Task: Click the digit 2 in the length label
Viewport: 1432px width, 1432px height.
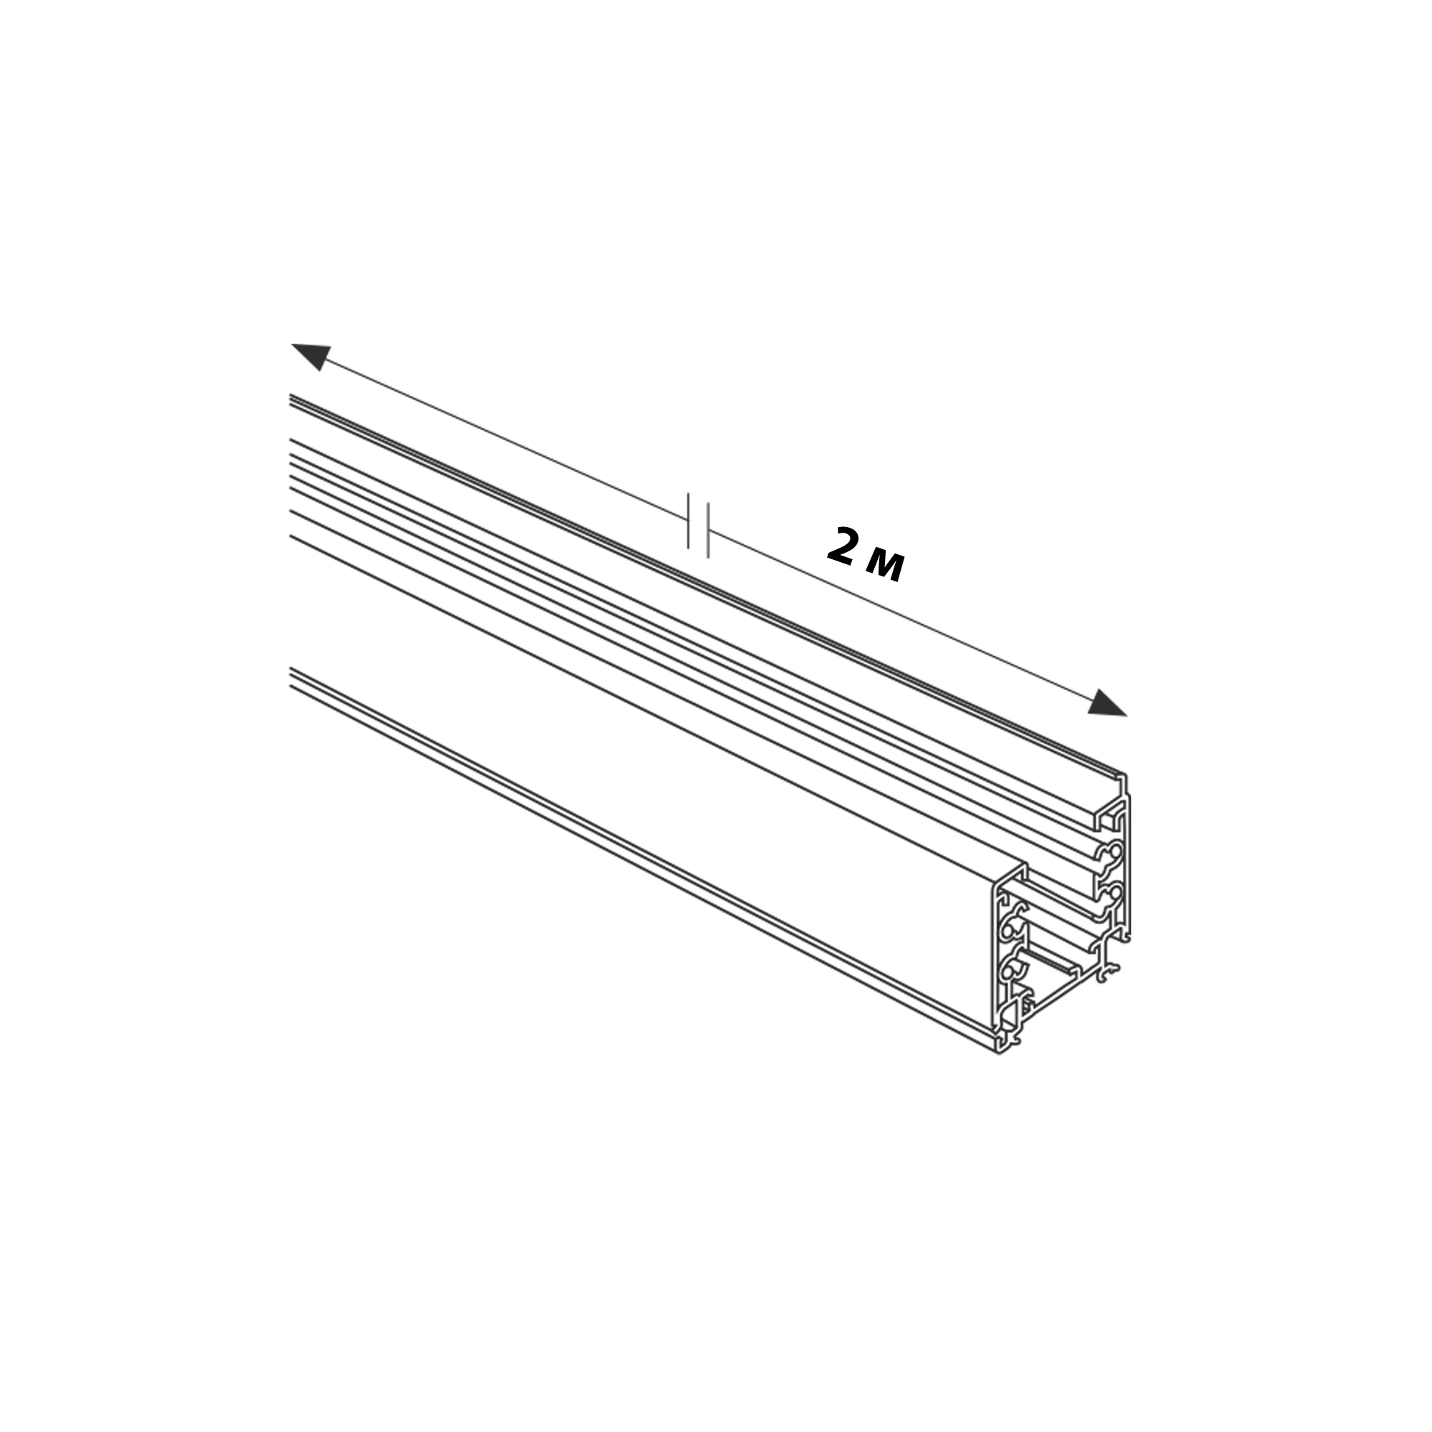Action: click(842, 546)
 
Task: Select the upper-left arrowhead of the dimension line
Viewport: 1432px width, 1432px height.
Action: click(311, 355)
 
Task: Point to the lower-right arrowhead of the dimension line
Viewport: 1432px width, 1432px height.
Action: click(1107, 702)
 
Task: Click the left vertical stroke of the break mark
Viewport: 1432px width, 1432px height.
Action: click(689, 521)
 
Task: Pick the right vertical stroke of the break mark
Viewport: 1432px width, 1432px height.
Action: click(708, 530)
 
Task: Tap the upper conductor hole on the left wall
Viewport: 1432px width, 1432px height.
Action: click(1009, 928)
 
